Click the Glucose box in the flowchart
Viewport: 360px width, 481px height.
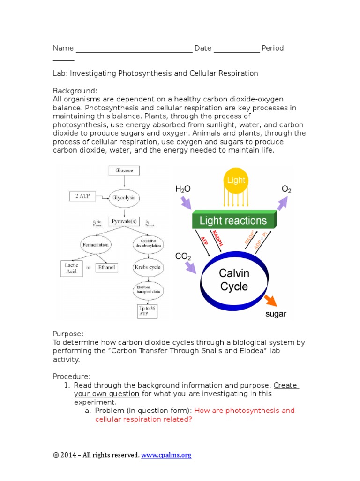click(124, 171)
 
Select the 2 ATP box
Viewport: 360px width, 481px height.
click(82, 195)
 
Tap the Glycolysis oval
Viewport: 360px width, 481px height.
click(124, 198)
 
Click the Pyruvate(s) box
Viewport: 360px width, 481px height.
click(124, 221)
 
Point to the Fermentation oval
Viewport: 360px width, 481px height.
click(96, 245)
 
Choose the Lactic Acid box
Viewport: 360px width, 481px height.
click(71, 268)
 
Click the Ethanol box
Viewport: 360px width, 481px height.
click(107, 268)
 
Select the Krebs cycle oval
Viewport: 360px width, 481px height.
click(148, 267)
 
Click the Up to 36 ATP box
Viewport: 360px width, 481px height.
click(148, 311)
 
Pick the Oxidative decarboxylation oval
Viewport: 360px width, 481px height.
click(148, 244)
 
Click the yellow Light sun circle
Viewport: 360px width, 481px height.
click(236, 180)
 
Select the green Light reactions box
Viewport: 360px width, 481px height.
click(233, 220)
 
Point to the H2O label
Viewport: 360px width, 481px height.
click(184, 189)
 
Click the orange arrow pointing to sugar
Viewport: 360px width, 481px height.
click(270, 301)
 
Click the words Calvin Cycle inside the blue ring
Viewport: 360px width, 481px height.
click(234, 279)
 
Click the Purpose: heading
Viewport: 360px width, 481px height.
click(68, 334)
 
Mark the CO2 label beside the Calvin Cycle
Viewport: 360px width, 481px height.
click(183, 257)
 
